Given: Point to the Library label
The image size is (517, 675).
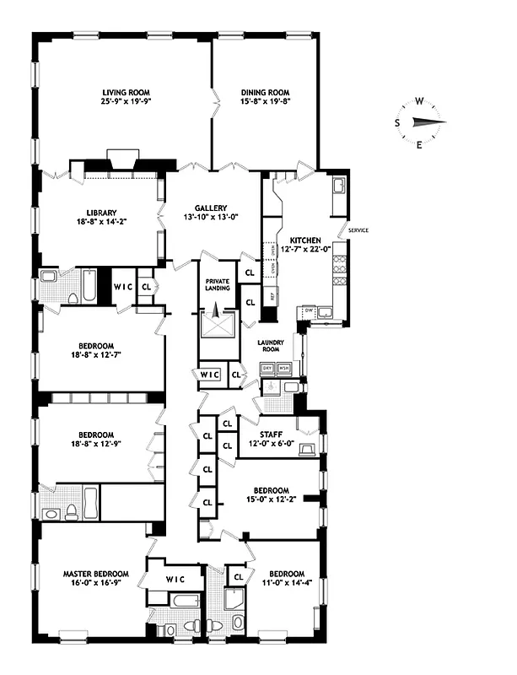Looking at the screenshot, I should [100, 213].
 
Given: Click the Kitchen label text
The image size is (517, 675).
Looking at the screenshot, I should [301, 239].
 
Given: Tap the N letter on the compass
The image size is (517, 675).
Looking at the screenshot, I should [441, 121].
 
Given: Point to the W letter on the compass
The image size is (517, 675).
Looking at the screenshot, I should [419, 101].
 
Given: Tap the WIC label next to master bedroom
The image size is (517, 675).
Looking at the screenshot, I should [175, 579].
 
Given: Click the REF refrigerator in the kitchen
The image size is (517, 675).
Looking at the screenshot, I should [272, 297].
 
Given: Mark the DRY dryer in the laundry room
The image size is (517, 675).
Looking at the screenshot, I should [267, 369].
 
